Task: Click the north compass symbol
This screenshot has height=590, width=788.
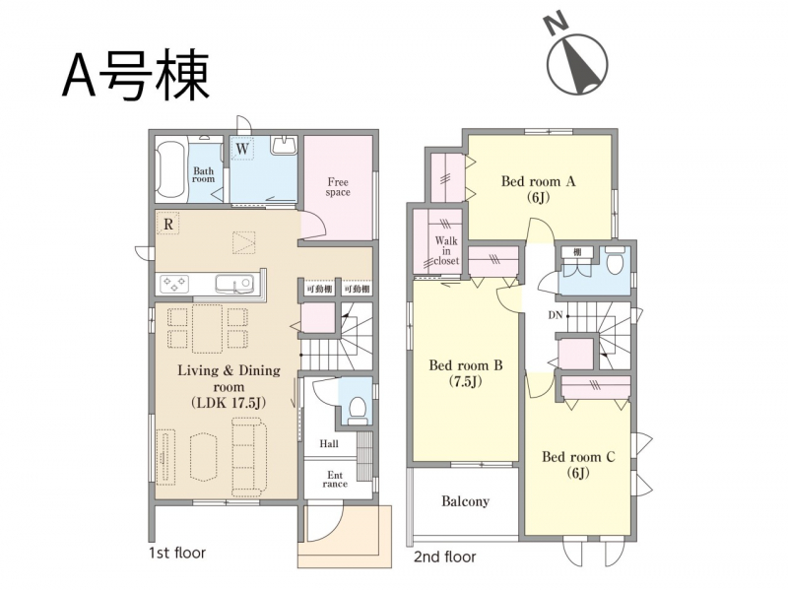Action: pyautogui.click(x=577, y=58)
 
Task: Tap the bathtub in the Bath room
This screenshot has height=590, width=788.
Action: pyautogui.click(x=171, y=170)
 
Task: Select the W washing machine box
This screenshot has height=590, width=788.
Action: pyautogui.click(x=242, y=149)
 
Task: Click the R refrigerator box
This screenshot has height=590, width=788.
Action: pyautogui.click(x=168, y=225)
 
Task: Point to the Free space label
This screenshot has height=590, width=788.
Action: pyautogui.click(x=338, y=187)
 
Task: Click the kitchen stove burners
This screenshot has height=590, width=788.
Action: pyautogui.click(x=174, y=284)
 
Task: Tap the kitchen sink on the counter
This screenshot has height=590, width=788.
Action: pyautogui.click(x=233, y=284)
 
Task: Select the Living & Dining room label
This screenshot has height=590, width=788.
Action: pyautogui.click(x=229, y=386)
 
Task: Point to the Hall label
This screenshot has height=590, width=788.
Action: pyautogui.click(x=329, y=444)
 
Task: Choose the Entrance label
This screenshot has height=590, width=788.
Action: pyautogui.click(x=335, y=480)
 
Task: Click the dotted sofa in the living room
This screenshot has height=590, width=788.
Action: pyautogui.click(x=249, y=458)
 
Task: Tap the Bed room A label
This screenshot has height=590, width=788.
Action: pyautogui.click(x=538, y=189)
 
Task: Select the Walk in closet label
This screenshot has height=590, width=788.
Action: pyautogui.click(x=446, y=251)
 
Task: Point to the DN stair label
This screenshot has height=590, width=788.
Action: pyautogui.click(x=556, y=315)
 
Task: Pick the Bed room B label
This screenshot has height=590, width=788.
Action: pyautogui.click(x=465, y=373)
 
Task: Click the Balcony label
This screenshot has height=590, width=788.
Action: pyautogui.click(x=465, y=501)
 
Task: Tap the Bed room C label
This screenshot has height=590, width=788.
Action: pyautogui.click(x=578, y=464)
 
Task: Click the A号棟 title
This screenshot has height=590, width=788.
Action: pyautogui.click(x=136, y=75)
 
